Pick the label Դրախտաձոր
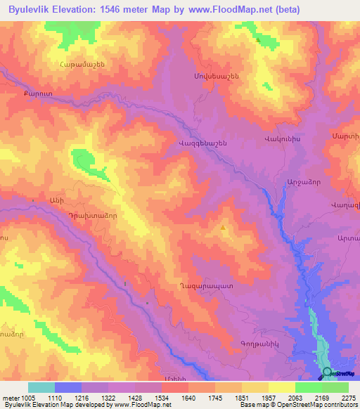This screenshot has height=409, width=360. point(78,217)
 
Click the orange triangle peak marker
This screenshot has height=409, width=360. point(224,228)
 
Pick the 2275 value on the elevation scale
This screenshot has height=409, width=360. point(349,397)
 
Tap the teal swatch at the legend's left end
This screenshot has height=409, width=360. point(41,387)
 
